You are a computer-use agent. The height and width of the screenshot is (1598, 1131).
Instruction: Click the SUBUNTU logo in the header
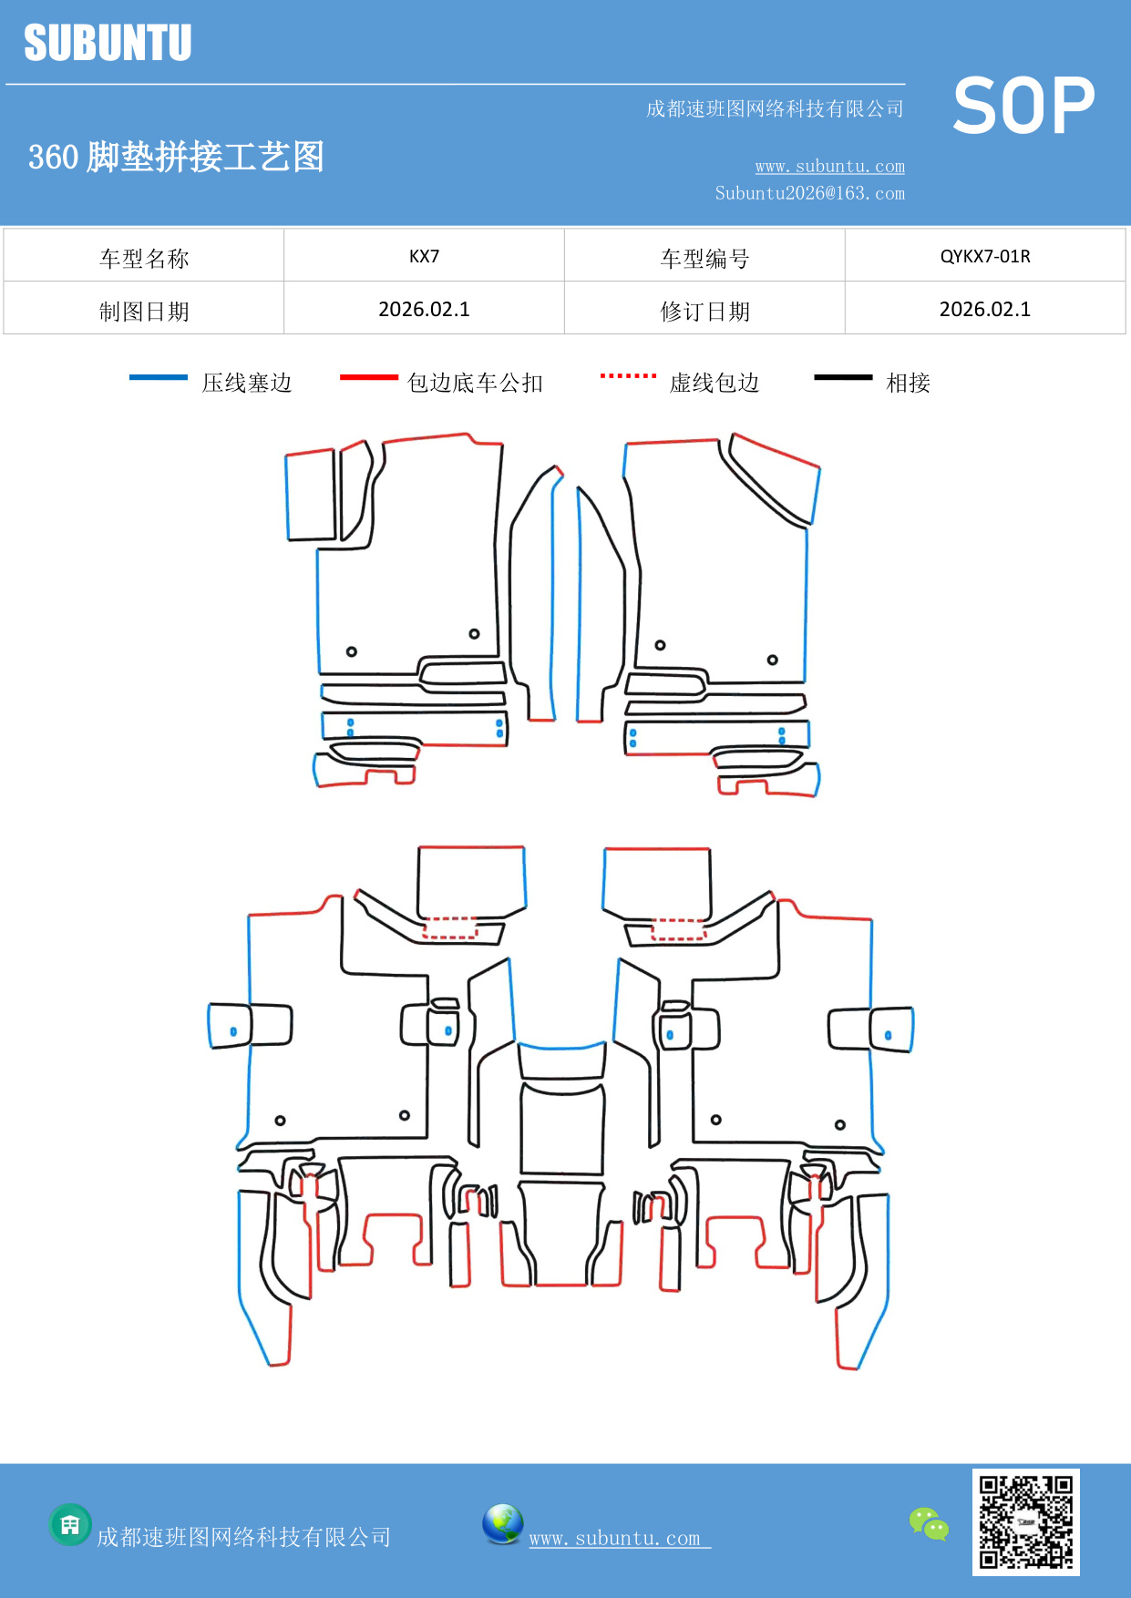tap(108, 43)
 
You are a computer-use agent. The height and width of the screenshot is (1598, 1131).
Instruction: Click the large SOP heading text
tap(1023, 106)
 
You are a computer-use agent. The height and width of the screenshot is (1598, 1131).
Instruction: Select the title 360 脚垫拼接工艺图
tap(177, 157)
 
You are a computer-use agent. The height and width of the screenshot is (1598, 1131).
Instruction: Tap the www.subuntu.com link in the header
tap(829, 166)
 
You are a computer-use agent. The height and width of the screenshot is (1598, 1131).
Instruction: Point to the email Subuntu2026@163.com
tap(809, 193)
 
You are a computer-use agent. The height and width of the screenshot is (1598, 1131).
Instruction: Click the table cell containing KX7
tap(424, 256)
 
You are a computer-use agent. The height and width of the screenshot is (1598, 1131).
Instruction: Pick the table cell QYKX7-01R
tap(984, 256)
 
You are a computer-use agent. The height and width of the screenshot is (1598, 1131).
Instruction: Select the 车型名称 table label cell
tap(144, 259)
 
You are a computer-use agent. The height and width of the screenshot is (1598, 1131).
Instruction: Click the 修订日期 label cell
tap(704, 312)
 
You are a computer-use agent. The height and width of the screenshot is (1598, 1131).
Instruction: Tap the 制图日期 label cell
tap(144, 312)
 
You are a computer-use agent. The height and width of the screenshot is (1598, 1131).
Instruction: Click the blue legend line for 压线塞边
tap(159, 377)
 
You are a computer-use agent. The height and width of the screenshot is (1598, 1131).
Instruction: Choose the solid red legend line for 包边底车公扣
tap(368, 377)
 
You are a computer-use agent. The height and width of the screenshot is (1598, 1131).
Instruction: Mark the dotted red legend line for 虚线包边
tap(628, 375)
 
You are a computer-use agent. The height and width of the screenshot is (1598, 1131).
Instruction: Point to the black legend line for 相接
tap(843, 377)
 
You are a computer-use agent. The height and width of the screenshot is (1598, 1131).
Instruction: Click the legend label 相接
tap(908, 383)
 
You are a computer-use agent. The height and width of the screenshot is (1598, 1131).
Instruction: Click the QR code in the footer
tap(1025, 1522)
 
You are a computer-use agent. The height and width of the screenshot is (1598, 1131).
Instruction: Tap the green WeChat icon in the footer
tap(929, 1523)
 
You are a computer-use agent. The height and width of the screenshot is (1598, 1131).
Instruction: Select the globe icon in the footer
tap(502, 1524)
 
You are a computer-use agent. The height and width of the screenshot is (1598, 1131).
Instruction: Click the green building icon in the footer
tap(70, 1524)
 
